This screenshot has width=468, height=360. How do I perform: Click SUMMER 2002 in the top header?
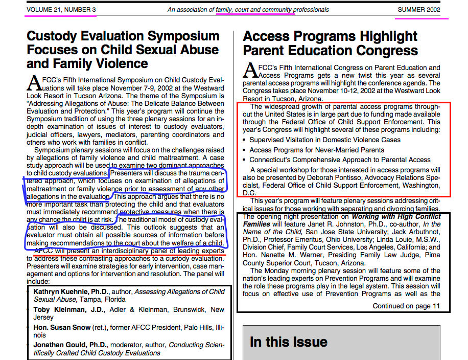tap(419, 10)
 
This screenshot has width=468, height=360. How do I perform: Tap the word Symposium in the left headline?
tap(187, 37)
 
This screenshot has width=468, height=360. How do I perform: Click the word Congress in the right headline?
tap(388, 51)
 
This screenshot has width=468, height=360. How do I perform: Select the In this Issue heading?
tap(288, 342)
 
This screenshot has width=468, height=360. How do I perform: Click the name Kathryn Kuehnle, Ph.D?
tap(71, 292)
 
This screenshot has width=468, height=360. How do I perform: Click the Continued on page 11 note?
tap(406, 306)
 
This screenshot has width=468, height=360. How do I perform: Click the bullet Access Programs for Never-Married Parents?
tap(317, 150)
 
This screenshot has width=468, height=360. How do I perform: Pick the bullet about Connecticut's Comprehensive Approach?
tap(340, 160)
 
